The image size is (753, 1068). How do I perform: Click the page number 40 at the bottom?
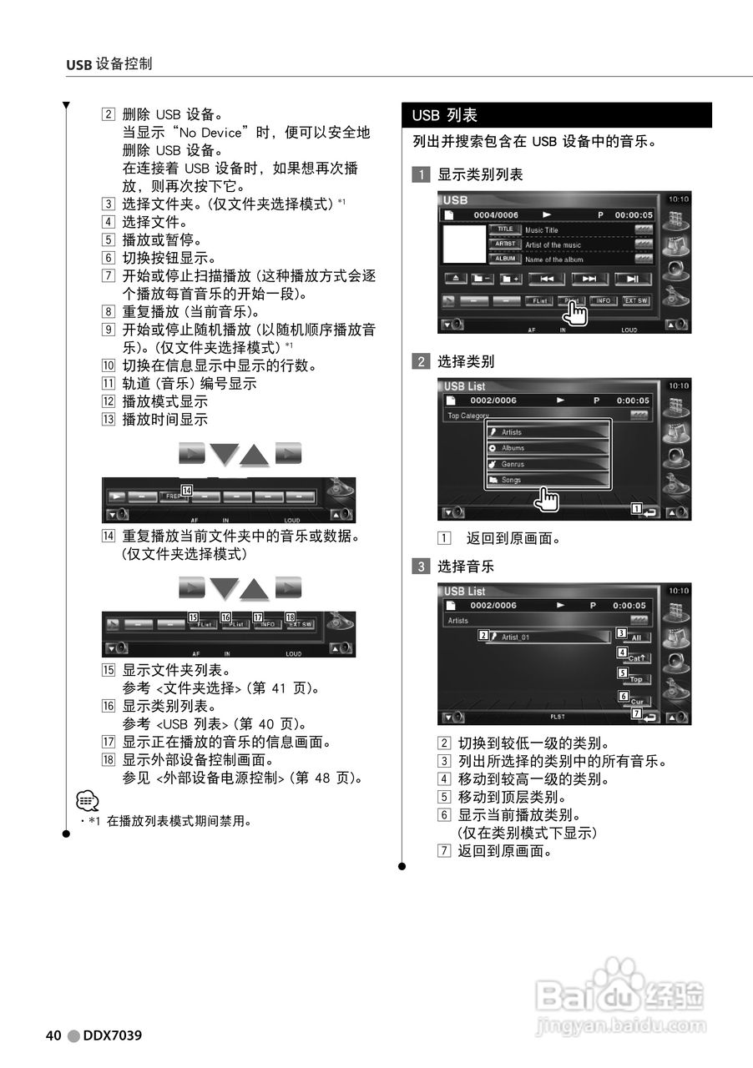53,1035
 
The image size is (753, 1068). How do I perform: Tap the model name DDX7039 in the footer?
112,1035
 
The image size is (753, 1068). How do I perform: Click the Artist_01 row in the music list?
551,637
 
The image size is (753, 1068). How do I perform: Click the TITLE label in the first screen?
504,229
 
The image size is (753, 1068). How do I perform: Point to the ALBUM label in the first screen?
504,259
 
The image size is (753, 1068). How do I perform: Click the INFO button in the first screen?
603,300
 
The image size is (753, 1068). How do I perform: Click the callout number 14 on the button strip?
188,491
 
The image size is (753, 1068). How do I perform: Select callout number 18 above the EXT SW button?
291,618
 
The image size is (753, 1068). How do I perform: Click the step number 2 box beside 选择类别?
422,362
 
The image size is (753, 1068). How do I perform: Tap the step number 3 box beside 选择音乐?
422,567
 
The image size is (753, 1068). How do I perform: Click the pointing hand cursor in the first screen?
575,312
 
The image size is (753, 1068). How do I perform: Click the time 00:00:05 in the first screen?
634,214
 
